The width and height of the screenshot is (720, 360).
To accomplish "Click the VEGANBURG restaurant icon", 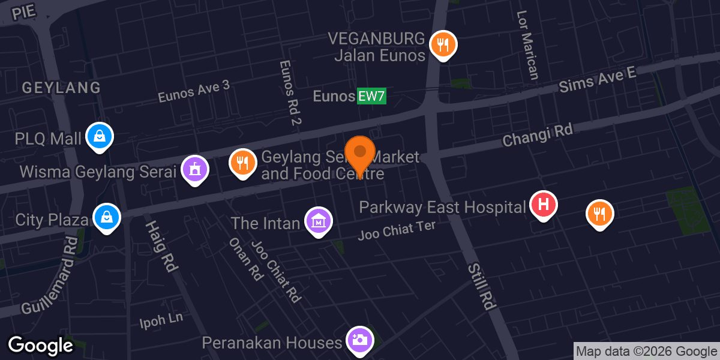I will click(443, 44).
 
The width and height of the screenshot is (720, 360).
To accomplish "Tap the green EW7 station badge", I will click(371, 96).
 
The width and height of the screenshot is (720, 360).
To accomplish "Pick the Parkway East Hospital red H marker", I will click(544, 204).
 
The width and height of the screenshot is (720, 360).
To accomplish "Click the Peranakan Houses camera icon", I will click(360, 340).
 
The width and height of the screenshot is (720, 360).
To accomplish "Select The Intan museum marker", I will click(319, 221).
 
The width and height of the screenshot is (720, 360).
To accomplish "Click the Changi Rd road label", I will click(538, 136).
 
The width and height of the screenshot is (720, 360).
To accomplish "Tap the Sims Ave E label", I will click(596, 79).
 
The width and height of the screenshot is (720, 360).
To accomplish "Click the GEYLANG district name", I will click(61, 88).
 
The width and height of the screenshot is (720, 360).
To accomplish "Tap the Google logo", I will click(40, 346).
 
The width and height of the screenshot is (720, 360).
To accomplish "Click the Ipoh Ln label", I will click(161, 320).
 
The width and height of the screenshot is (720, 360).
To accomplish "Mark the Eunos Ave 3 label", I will click(193, 91).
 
